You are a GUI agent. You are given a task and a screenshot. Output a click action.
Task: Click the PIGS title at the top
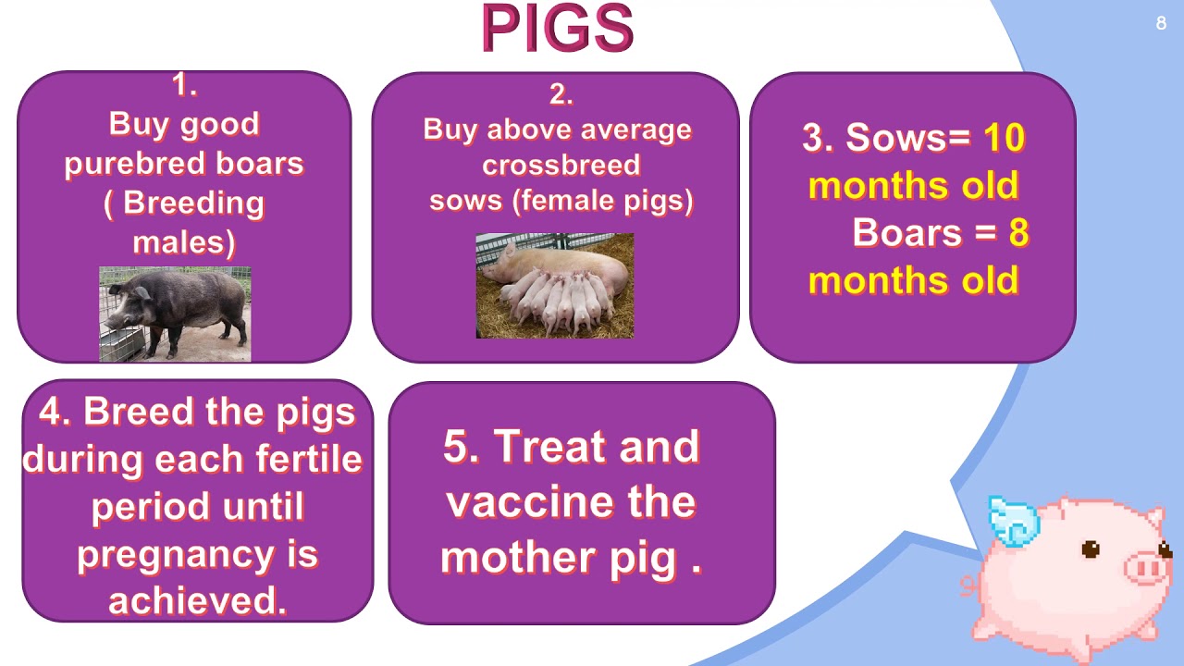[557, 30]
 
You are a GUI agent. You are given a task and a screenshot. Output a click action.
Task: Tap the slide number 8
[1161, 24]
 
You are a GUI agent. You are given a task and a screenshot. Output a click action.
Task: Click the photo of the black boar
[175, 314]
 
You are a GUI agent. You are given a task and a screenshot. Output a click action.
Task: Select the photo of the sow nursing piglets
[554, 286]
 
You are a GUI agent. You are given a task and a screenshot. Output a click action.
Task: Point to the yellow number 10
[1004, 138]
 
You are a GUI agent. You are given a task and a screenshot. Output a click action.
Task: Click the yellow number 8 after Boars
[1018, 233]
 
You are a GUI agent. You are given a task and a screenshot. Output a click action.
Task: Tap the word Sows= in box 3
[907, 138]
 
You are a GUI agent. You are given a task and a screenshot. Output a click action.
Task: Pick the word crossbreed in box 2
[561, 166]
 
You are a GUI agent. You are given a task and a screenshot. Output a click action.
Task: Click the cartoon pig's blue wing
[1012, 519]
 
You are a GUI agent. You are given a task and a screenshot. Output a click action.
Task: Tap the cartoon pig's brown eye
[1091, 549]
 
